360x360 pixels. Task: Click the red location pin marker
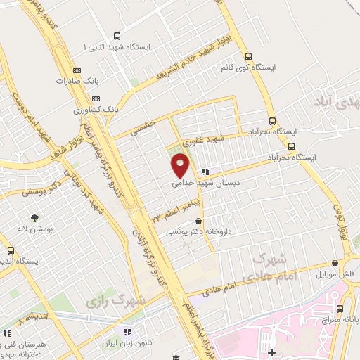181,166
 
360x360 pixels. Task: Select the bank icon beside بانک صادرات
77,70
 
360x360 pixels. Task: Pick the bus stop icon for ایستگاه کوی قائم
247,56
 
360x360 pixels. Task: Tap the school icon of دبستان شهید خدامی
205,171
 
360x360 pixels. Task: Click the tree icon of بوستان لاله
32,215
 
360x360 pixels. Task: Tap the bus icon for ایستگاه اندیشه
10,250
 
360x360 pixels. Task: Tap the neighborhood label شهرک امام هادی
268,267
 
